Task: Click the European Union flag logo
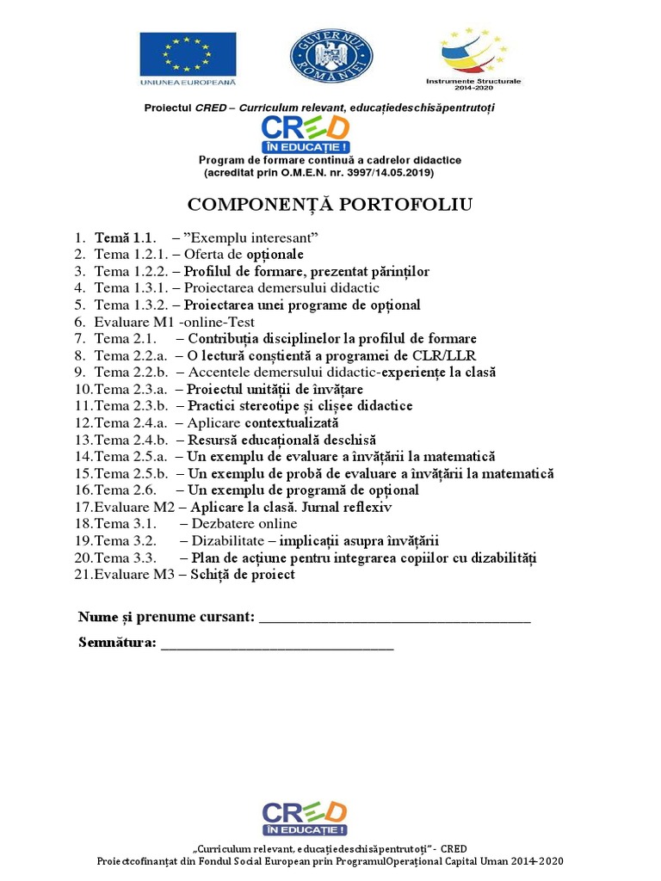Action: pos(188,53)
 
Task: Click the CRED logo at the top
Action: pos(306,134)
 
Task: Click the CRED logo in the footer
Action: pos(305,817)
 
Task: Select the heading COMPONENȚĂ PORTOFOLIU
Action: pos(330,204)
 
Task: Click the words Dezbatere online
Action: pos(244,524)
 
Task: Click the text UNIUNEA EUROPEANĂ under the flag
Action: pos(188,82)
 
